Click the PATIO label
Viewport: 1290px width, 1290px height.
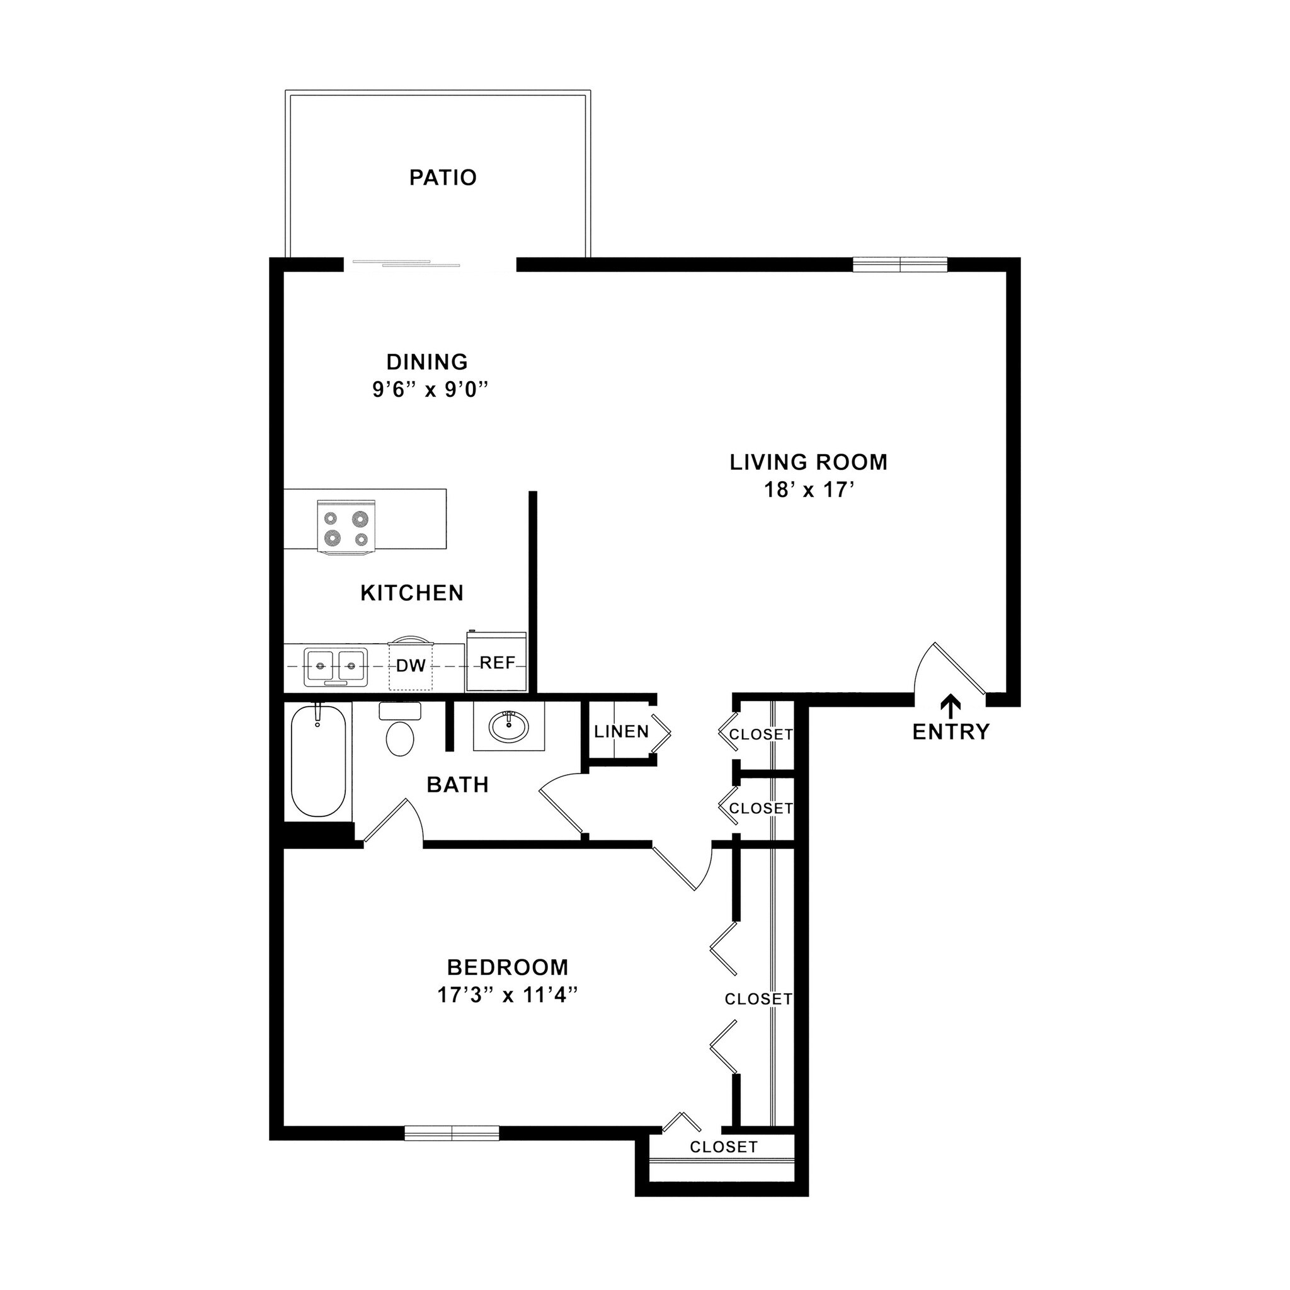pyautogui.click(x=443, y=178)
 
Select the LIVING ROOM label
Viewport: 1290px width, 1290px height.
pyautogui.click(x=808, y=462)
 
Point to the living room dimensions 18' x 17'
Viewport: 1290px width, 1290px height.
pyautogui.click(x=809, y=490)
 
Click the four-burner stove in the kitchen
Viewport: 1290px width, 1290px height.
pyautogui.click(x=346, y=527)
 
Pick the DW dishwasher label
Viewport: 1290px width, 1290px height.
pyautogui.click(x=411, y=666)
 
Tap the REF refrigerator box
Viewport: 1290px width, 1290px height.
pyautogui.click(x=497, y=663)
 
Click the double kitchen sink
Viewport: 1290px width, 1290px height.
pyautogui.click(x=336, y=666)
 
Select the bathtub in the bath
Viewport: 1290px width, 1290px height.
pyautogui.click(x=319, y=761)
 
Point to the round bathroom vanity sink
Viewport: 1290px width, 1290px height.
pyautogui.click(x=509, y=726)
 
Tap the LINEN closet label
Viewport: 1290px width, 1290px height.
pyautogui.click(x=621, y=732)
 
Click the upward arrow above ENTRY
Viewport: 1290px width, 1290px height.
pyautogui.click(x=950, y=705)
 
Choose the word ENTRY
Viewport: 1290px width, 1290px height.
pyautogui.click(x=950, y=733)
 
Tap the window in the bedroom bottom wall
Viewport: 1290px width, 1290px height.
pyautogui.click(x=452, y=1133)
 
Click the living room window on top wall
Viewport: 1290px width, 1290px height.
pyautogui.click(x=900, y=265)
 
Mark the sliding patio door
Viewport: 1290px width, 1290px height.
pyautogui.click(x=406, y=264)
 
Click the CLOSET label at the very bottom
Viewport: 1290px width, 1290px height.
pyautogui.click(x=724, y=1147)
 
